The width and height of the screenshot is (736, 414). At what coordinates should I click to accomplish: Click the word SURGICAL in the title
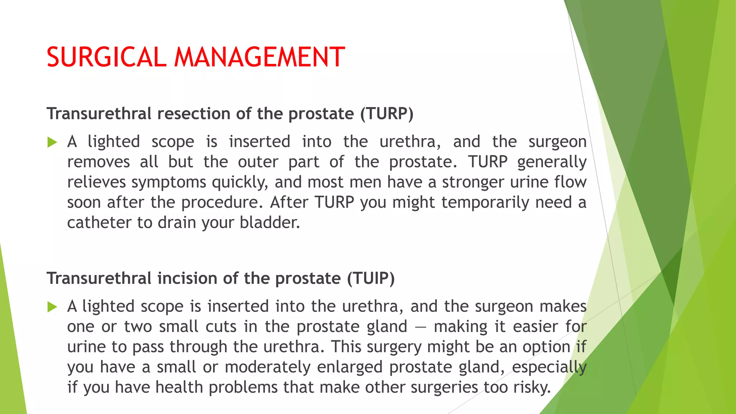pos(106,57)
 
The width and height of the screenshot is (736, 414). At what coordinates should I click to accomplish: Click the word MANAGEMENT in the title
pos(259,57)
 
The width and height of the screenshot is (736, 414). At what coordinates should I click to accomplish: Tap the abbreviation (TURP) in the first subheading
pos(387,114)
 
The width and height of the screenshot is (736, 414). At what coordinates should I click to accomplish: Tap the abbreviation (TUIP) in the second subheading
pos(371,279)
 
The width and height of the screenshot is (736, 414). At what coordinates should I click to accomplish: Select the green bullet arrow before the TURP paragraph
pos(52,143)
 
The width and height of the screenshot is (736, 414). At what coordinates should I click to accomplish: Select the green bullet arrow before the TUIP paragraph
pos(52,307)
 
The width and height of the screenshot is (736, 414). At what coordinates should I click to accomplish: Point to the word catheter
pos(99,223)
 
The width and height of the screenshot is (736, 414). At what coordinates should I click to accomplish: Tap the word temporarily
pos(485,203)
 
